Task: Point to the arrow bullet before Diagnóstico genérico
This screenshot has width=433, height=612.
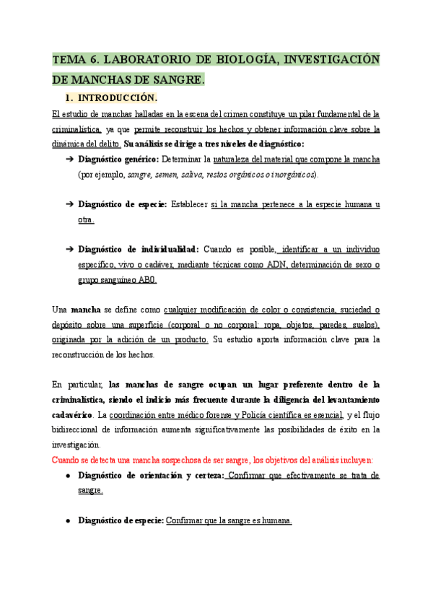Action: click(x=69, y=159)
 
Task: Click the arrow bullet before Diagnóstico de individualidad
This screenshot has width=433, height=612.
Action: click(x=69, y=249)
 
